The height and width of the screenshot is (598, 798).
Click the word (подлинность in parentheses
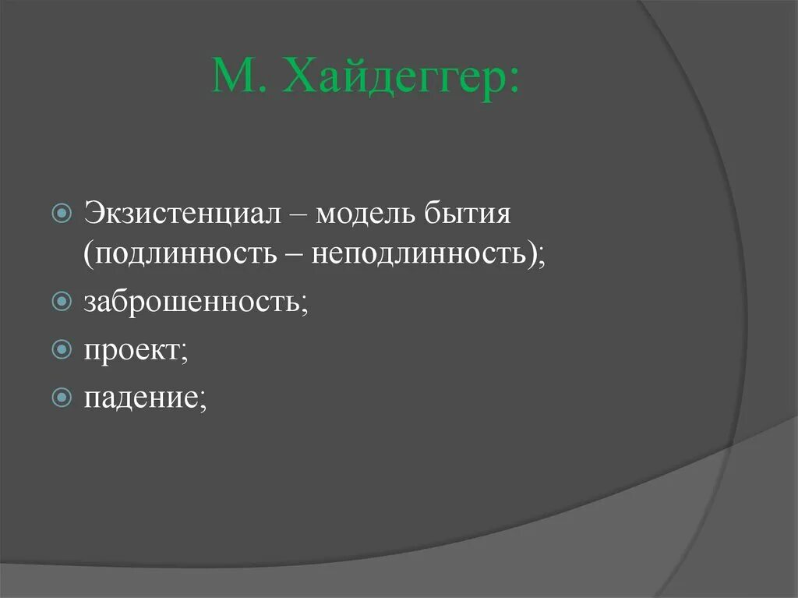[177, 255]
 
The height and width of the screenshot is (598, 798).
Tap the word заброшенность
[192, 301]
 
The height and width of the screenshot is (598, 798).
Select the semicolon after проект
[185, 353]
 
